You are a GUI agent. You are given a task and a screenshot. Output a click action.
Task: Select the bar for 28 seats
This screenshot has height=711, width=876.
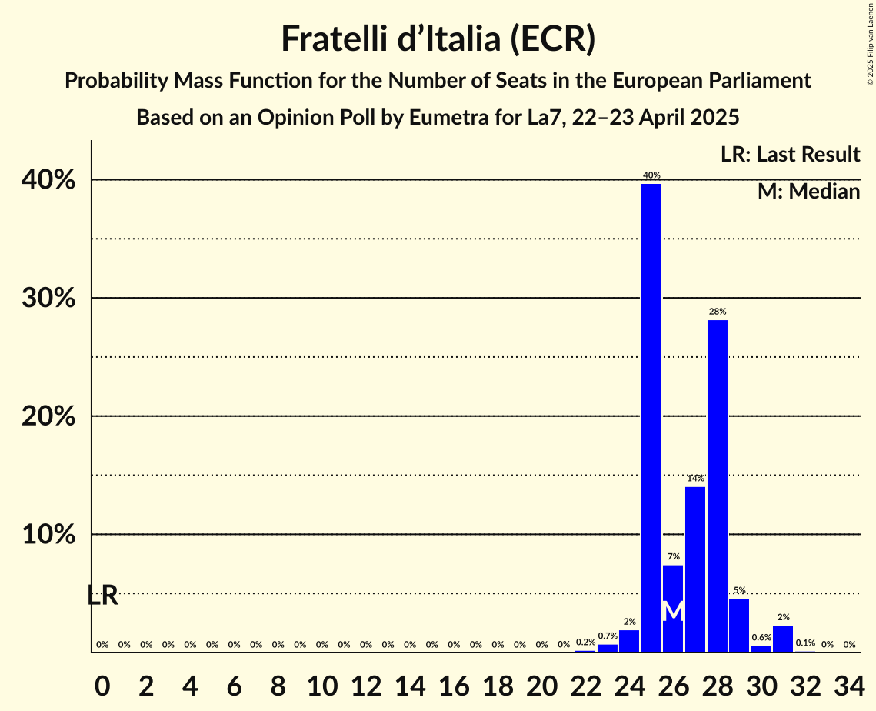717,486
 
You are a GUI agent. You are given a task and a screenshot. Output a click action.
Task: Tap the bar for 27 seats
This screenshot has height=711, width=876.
695,569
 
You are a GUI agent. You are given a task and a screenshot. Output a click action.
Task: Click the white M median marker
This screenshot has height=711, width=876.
673,610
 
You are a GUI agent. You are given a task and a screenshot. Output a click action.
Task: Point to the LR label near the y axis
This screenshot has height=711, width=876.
102,595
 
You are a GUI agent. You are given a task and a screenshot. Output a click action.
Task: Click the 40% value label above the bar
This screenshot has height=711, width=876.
651,175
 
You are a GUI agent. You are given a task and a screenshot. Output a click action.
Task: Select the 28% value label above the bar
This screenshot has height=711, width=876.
717,312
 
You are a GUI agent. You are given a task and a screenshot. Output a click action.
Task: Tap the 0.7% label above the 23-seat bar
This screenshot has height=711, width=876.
608,636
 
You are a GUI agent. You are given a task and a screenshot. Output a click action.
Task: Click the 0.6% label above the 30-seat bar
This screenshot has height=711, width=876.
761,637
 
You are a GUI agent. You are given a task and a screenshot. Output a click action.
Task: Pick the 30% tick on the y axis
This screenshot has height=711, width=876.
53,299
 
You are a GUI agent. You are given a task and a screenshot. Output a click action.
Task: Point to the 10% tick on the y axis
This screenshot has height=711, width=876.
53,535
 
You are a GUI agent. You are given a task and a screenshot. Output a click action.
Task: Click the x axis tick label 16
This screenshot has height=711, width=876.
454,683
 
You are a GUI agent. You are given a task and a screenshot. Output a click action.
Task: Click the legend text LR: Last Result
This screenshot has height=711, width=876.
790,155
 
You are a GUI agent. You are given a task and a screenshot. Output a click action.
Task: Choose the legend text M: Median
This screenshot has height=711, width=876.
808,192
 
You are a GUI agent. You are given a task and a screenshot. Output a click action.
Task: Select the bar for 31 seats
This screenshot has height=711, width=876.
783,639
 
